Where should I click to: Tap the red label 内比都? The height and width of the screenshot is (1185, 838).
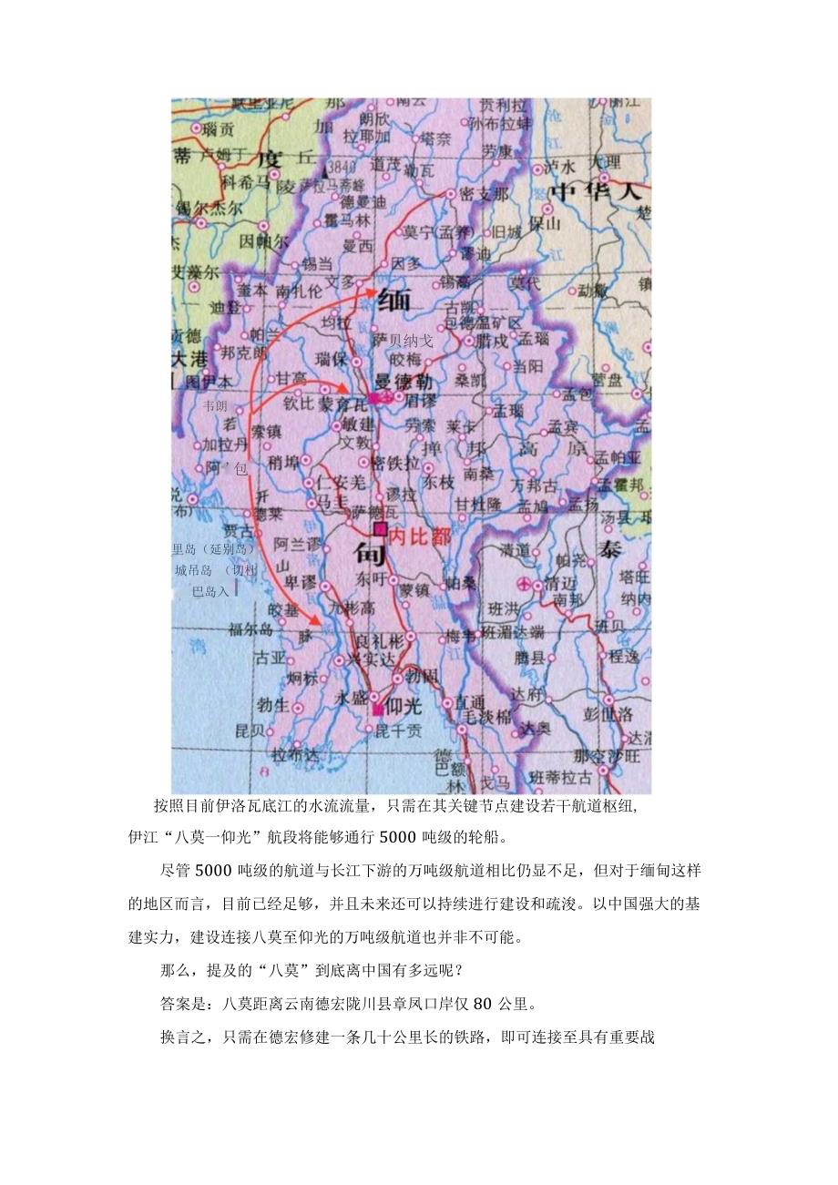tap(421, 537)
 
